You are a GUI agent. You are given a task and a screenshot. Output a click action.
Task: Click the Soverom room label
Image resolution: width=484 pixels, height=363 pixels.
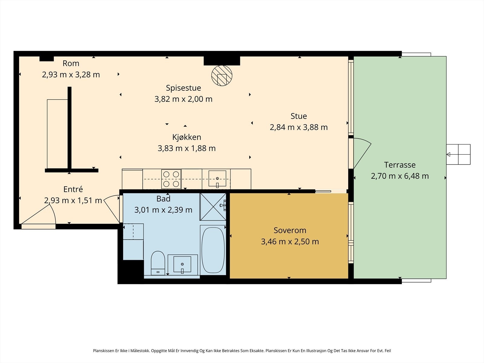(x=290, y=230)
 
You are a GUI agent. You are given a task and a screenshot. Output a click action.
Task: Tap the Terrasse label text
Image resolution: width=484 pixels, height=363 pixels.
(x=400, y=165)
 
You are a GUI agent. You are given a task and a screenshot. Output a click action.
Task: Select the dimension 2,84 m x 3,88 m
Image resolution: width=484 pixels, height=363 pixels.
(x=299, y=127)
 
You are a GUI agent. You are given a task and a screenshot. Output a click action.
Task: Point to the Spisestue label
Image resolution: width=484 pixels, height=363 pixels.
(x=183, y=88)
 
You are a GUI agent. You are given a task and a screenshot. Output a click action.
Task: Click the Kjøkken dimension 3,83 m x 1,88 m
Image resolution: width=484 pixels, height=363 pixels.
(x=187, y=148)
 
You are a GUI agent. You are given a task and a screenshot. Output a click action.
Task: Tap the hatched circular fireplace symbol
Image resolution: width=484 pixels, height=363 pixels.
(x=222, y=75)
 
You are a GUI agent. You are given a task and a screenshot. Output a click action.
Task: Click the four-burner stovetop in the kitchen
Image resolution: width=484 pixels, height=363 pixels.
(x=171, y=179)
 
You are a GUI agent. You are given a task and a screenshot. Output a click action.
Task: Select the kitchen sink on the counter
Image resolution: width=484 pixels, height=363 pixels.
(x=217, y=179)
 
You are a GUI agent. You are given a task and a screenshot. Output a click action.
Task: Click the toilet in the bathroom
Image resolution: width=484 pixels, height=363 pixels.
(x=158, y=263)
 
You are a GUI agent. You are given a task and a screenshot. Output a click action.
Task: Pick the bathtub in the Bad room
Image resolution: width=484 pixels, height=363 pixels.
(x=213, y=250)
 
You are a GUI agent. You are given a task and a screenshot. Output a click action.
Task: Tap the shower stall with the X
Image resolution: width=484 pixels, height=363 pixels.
(x=213, y=207)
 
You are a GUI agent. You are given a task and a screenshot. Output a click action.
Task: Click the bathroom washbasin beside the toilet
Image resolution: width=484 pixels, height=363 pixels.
(x=182, y=264)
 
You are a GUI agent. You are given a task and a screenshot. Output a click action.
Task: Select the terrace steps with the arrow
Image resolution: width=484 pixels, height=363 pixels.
(x=458, y=154)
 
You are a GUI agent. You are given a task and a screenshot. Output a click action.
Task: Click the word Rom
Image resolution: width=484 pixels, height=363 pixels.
(x=71, y=64)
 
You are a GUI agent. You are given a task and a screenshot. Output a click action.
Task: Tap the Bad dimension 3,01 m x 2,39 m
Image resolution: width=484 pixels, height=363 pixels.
(x=163, y=210)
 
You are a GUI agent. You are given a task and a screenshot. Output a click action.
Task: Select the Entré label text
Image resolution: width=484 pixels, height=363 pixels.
(x=73, y=189)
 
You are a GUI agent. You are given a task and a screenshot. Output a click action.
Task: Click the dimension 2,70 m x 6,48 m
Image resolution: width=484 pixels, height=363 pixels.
(x=400, y=176)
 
